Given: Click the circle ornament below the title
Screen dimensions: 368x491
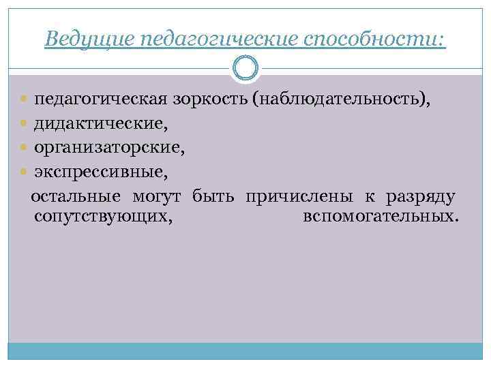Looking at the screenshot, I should pyautogui.click(x=245, y=67).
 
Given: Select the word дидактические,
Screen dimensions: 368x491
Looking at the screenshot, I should pyautogui.click(x=101, y=123).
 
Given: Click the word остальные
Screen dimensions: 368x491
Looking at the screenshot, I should pyautogui.click(x=76, y=197).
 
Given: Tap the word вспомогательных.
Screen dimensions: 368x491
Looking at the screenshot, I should pyautogui.click(x=379, y=217).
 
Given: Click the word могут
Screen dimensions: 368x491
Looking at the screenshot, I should pyautogui.click(x=156, y=197).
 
